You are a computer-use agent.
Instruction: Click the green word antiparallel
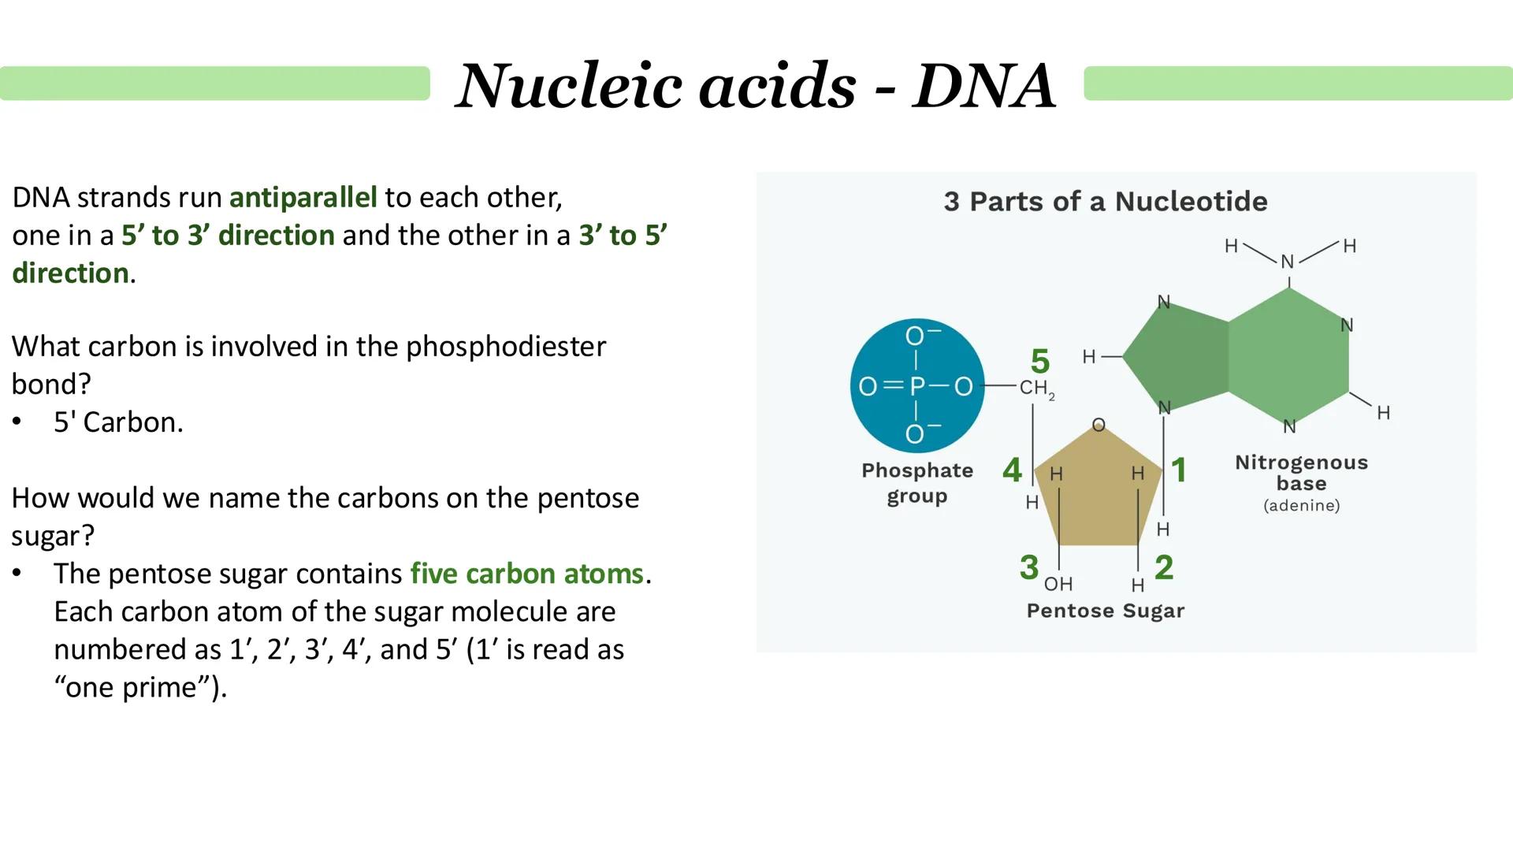click(303, 197)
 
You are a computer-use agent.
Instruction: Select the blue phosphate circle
click(916, 385)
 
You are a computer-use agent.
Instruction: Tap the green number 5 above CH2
click(1039, 362)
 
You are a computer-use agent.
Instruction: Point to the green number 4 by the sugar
click(1012, 470)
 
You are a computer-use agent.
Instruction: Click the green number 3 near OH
click(1028, 567)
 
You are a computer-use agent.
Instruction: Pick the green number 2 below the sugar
click(1164, 567)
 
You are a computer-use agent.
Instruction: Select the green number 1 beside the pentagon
click(1179, 470)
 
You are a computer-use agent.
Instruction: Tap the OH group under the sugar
click(1058, 584)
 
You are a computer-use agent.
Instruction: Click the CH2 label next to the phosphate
click(1035, 388)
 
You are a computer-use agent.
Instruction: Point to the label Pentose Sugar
click(1105, 611)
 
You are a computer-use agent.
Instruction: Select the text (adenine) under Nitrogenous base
click(1301, 506)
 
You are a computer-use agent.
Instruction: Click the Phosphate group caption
click(916, 482)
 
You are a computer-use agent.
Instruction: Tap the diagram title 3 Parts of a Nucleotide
click(1105, 202)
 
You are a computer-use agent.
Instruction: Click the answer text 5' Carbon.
click(118, 422)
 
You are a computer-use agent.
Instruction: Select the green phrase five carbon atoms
click(526, 574)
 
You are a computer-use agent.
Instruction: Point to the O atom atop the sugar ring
click(1099, 425)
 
